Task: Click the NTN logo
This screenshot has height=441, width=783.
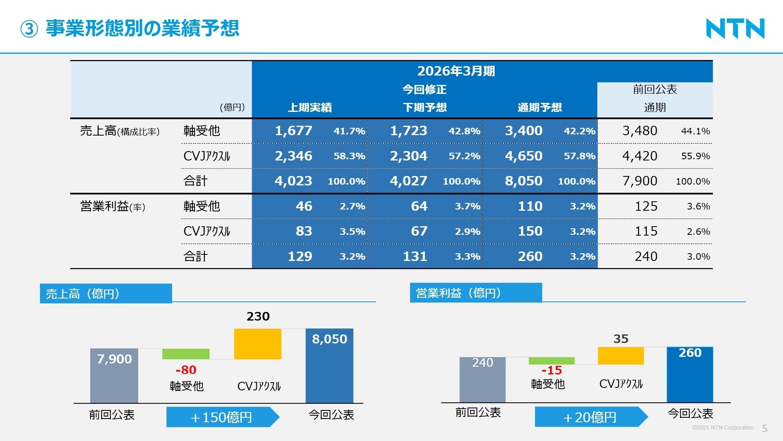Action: pos(735,29)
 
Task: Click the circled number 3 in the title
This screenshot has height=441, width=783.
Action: pos(29,29)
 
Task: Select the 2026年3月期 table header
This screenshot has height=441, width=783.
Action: pos(456,71)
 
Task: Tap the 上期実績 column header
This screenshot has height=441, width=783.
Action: pos(310,107)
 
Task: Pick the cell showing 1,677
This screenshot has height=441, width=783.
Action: pos(293,131)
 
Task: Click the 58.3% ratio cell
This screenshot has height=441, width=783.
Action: pos(349,156)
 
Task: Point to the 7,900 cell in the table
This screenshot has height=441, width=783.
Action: pos(639,181)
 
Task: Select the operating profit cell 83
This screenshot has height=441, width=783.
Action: pos(304,231)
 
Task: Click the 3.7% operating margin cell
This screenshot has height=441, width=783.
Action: pos(467,206)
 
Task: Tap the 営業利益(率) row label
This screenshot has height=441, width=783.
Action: pos(113,206)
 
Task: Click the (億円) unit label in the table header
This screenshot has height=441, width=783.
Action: pos(232,107)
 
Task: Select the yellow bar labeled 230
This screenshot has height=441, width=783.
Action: pos(257,344)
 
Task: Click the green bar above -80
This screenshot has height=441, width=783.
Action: pos(186,354)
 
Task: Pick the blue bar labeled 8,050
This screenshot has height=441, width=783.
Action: pos(329,365)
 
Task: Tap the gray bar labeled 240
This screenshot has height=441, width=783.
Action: pos(482,380)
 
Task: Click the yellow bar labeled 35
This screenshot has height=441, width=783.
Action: pos(620,356)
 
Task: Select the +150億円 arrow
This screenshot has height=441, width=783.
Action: pos(222,417)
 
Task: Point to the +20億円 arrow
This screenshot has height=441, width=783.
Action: pos(591,417)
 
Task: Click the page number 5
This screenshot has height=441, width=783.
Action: pos(765,428)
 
